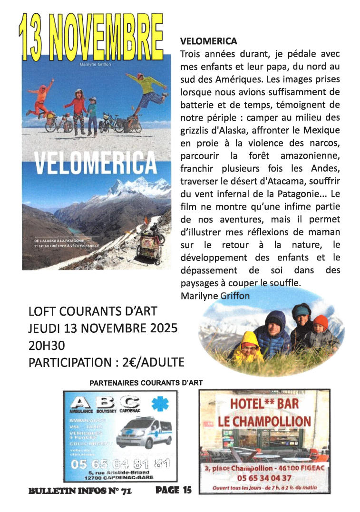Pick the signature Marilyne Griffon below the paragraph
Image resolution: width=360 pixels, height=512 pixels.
(215, 295)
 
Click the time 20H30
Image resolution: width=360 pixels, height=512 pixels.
(47, 345)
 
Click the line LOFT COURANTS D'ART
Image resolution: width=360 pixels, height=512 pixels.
(93, 311)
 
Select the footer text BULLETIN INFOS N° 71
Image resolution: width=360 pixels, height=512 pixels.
(80, 490)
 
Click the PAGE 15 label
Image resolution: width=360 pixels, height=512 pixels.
(173, 490)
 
